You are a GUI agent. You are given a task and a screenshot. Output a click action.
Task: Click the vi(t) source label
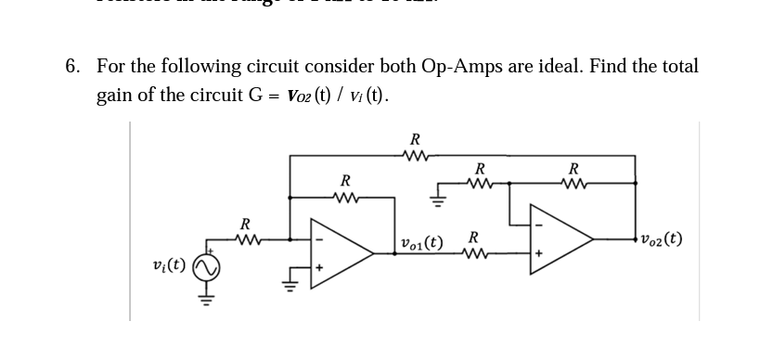tap(167, 265)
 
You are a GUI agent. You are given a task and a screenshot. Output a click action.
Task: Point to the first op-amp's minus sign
tap(319, 235)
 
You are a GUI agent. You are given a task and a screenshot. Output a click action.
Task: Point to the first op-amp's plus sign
tap(319, 267)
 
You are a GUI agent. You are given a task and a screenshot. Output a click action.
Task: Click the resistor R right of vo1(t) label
tap(475, 251)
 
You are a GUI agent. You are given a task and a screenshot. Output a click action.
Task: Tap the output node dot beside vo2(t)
tap(636, 238)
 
